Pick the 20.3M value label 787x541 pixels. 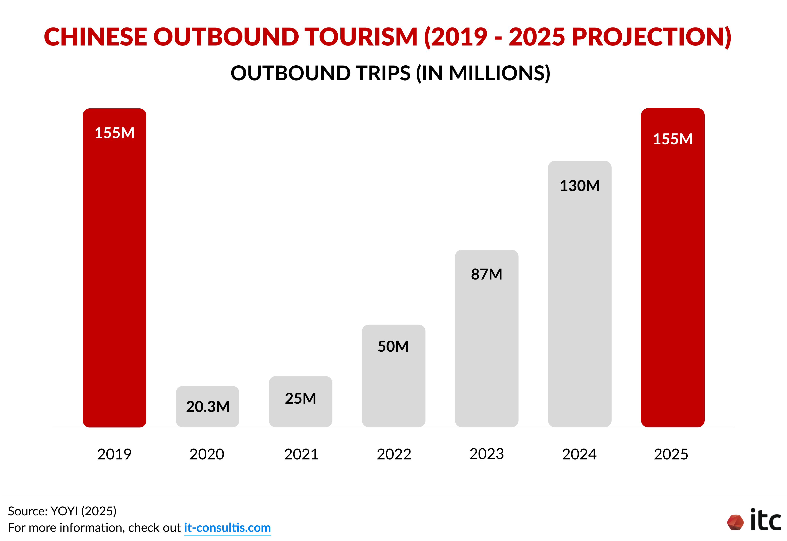(208, 406)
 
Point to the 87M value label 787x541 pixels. (486, 274)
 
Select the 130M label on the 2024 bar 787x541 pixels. (580, 186)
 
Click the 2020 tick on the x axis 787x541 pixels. (207, 454)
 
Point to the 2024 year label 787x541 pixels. (579, 454)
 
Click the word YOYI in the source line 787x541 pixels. (64, 511)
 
